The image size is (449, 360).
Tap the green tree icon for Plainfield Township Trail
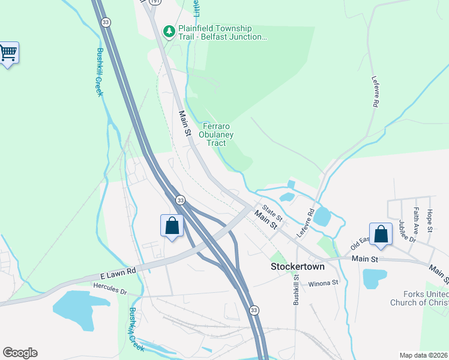(170, 30)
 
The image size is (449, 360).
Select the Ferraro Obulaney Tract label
(216, 134)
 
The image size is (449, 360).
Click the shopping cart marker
(8, 53)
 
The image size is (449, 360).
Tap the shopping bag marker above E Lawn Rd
(172, 226)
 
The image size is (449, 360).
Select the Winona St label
(324, 283)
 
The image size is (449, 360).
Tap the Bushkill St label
(296, 290)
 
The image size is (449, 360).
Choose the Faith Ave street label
(415, 220)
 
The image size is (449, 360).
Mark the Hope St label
(429, 220)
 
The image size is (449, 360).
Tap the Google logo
(20, 353)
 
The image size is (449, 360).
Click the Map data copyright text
(423, 355)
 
